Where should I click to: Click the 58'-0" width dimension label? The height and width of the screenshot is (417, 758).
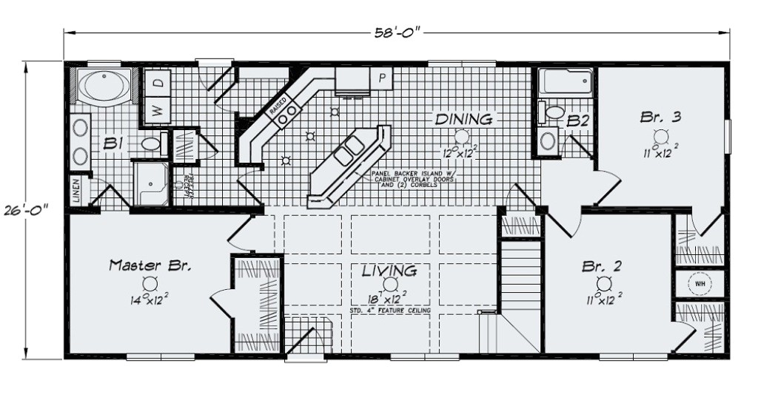pyautogui.click(x=398, y=31)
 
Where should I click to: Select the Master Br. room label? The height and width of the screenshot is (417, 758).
pyautogui.click(x=150, y=265)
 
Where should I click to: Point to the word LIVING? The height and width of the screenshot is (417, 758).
pyautogui.click(x=389, y=271)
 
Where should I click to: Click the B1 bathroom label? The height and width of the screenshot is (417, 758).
pyautogui.click(x=113, y=143)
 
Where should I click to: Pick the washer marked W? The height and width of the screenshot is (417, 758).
pyautogui.click(x=158, y=110)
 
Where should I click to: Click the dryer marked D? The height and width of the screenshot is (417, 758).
pyautogui.click(x=158, y=84)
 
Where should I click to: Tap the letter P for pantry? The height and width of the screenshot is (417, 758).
pyautogui.click(x=383, y=78)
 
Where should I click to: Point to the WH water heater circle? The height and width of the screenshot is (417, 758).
pyautogui.click(x=698, y=283)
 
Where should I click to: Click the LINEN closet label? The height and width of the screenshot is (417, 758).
pyautogui.click(x=78, y=189)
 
